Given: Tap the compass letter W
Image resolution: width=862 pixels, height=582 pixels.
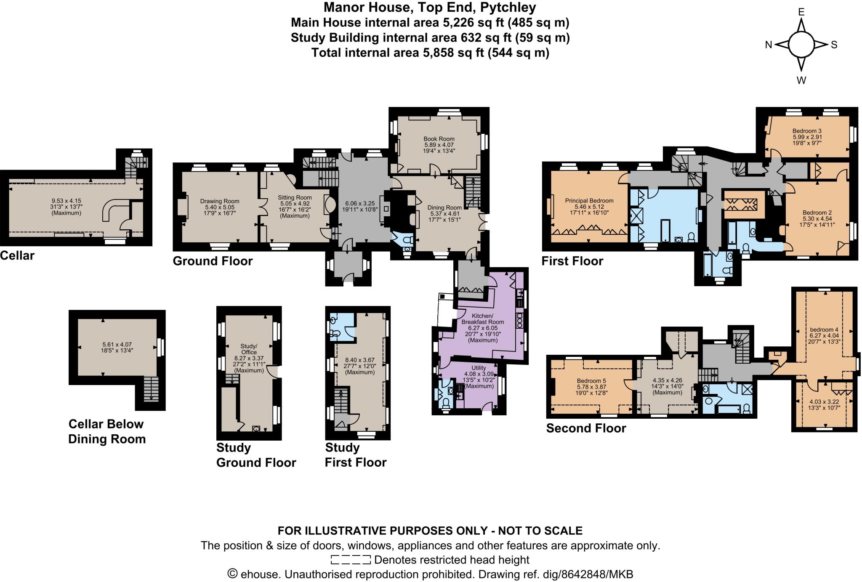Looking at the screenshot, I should coord(801,80).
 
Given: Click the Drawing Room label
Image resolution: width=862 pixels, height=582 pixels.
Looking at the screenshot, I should coord(219,201).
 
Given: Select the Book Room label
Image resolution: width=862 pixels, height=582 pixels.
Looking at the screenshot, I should coord(439,138).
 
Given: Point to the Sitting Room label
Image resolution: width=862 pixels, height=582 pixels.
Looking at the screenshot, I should coord(295,197).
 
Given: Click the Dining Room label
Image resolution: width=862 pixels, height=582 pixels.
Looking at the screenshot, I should coord(444,207).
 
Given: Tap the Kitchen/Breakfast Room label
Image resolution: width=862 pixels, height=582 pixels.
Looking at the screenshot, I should coord(487,319).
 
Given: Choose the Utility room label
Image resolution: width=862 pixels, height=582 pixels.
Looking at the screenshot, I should coord(479,368).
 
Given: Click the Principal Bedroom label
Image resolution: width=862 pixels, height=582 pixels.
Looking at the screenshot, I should coord(589,201).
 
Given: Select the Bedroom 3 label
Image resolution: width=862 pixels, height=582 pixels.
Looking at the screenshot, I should coord(807,131).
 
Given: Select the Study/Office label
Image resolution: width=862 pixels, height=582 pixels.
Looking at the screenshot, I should coord(249,349).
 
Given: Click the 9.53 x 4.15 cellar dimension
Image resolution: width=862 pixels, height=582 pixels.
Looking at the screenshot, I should coord(66,201).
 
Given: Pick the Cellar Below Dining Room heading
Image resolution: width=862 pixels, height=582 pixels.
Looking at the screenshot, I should coord(107,431).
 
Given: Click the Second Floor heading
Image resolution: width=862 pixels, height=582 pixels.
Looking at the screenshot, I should coord(586,428).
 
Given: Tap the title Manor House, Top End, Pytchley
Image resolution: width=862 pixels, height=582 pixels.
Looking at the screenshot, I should coord(430,7).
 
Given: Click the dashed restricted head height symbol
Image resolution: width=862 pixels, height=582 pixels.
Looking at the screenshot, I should coord(350,560).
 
